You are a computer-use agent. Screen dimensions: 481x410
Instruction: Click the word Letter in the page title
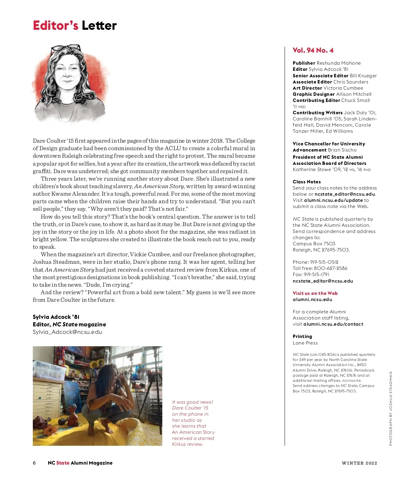(99, 26)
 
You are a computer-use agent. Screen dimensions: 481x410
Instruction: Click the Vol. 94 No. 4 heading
(313, 50)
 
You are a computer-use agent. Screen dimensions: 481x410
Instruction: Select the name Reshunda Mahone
(339, 63)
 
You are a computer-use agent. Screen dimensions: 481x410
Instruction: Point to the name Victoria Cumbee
(343, 88)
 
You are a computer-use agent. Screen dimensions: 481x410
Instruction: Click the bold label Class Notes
(306, 182)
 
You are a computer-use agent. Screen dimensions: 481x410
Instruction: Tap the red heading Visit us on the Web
(315, 293)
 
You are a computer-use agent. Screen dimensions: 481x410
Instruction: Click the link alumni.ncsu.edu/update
(333, 200)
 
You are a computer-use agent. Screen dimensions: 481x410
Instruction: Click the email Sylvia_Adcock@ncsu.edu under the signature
(67, 332)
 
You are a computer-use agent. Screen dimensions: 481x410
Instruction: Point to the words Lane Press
(305, 343)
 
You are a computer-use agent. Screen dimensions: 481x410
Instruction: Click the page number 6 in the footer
(34, 463)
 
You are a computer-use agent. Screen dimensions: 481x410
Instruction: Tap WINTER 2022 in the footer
(359, 463)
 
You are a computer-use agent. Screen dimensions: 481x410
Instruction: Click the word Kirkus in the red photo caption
(179, 444)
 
